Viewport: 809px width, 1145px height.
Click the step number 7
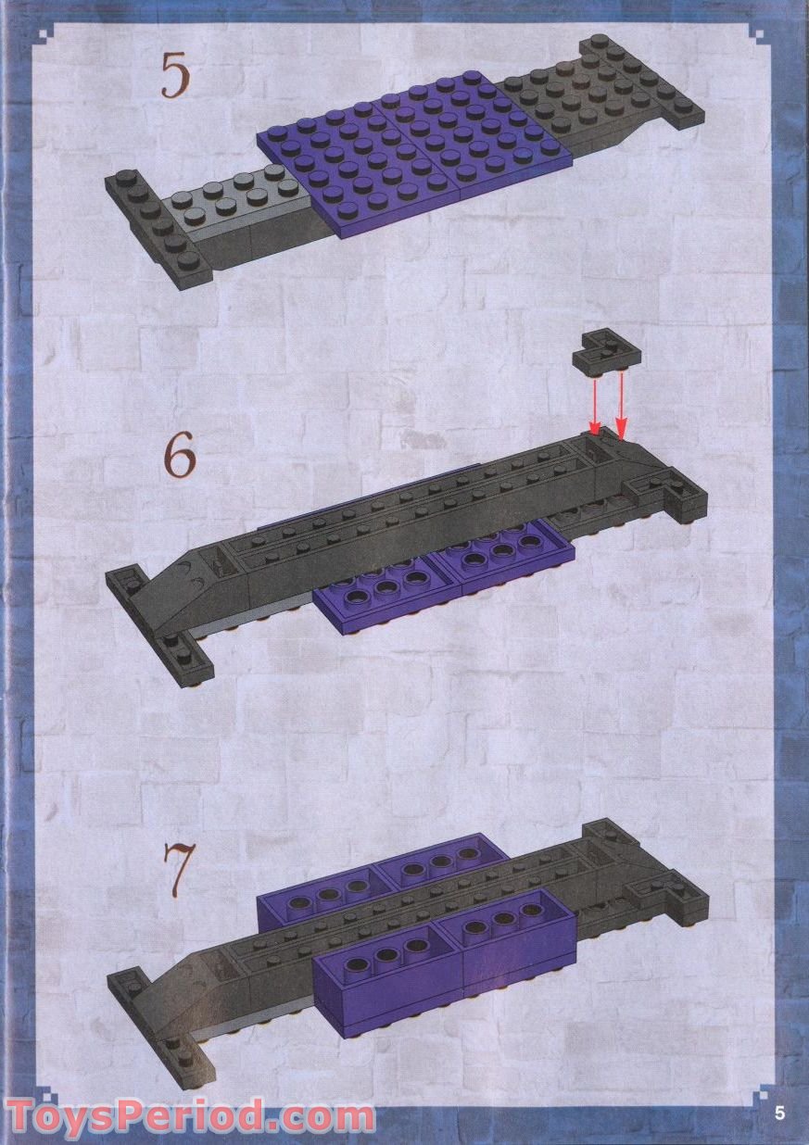[x=178, y=865]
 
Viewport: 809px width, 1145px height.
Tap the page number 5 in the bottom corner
[x=779, y=1114]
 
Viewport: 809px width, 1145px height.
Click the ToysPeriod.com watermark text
[x=190, y=1115]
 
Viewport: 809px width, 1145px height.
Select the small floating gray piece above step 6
[x=608, y=354]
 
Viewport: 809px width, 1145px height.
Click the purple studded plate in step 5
[x=408, y=153]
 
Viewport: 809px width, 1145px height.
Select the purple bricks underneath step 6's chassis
[x=445, y=579]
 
